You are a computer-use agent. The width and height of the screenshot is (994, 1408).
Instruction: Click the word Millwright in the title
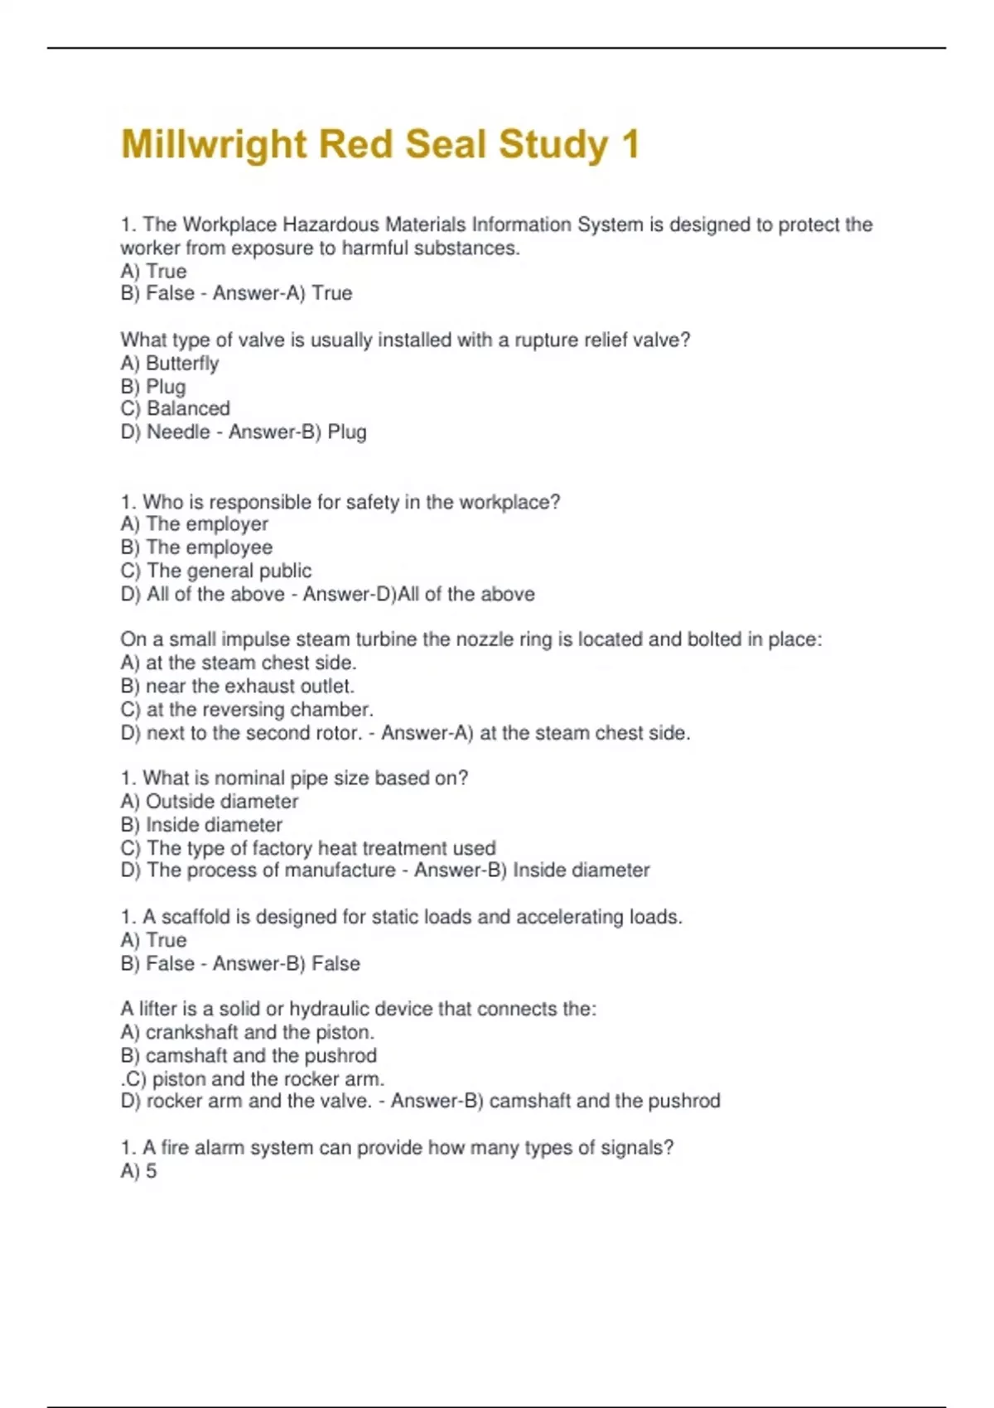click(x=214, y=145)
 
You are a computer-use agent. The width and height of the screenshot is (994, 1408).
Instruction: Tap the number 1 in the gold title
click(x=630, y=145)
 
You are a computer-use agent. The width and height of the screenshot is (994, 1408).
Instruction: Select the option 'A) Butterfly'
click(x=170, y=364)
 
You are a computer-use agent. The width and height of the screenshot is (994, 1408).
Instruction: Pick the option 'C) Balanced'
click(x=175, y=408)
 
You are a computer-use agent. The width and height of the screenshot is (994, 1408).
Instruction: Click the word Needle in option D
click(x=178, y=432)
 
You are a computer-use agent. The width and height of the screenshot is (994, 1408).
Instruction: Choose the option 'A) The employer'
click(x=194, y=524)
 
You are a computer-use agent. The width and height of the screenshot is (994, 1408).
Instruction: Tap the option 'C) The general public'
click(x=215, y=571)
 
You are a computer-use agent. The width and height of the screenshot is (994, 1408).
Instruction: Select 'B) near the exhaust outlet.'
click(x=237, y=687)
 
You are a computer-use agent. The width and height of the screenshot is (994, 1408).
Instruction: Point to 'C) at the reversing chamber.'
click(x=247, y=710)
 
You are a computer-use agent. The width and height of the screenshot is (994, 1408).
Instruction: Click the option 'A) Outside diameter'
click(x=209, y=802)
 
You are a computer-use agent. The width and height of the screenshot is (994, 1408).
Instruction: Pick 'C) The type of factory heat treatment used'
click(x=307, y=848)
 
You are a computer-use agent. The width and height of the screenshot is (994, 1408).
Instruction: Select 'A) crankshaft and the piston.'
click(x=247, y=1032)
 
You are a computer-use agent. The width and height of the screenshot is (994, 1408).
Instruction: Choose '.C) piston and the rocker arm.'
click(x=253, y=1079)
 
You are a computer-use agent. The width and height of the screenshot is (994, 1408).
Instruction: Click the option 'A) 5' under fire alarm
click(x=138, y=1171)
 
